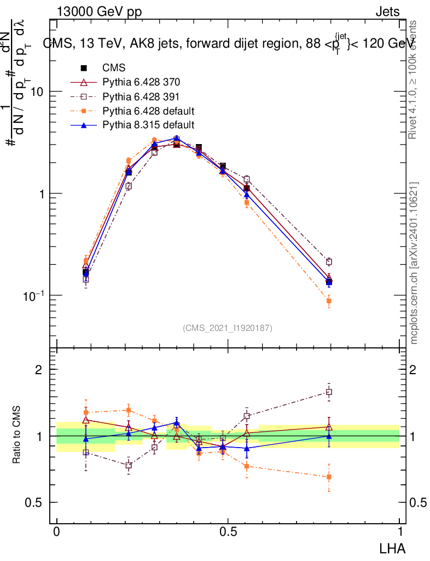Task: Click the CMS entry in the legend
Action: tap(114, 68)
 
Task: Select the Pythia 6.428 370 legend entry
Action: tap(141, 82)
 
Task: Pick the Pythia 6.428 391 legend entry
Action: tap(141, 96)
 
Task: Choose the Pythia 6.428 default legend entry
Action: tap(148, 111)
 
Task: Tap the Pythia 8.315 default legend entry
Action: tap(148, 125)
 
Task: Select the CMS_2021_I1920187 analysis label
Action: tap(228, 328)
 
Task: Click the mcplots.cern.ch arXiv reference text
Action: tap(414, 263)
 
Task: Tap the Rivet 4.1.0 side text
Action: tap(414, 79)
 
